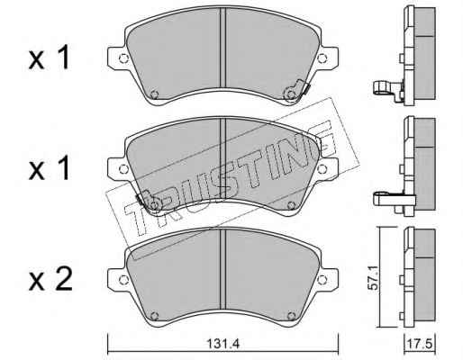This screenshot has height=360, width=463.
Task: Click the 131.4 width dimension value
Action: (222, 344)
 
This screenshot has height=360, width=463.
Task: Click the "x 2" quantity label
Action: (50, 280)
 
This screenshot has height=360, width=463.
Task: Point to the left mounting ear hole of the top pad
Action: (123, 58)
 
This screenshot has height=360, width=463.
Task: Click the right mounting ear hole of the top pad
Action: (322, 58)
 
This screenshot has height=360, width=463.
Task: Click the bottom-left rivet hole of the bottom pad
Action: (154, 316)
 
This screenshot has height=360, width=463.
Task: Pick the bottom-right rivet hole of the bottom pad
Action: (291, 316)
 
